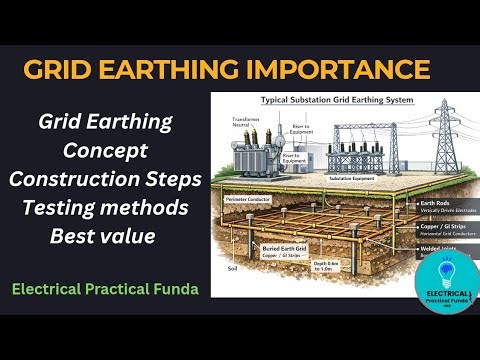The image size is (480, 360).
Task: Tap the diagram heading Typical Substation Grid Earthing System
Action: (x=338, y=101)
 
